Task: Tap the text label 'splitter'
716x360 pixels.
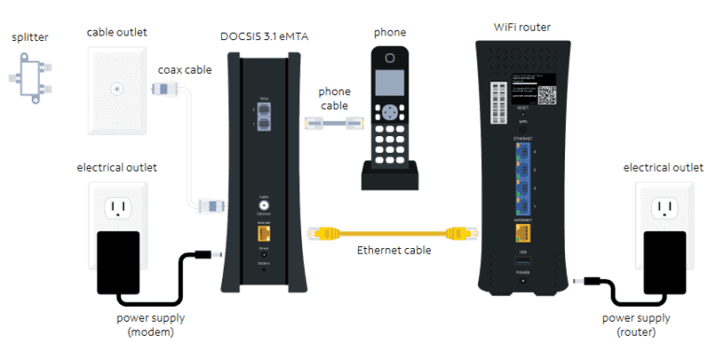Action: [30, 36]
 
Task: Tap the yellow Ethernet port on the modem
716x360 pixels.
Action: [264, 236]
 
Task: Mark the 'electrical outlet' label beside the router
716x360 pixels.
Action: [663, 168]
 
